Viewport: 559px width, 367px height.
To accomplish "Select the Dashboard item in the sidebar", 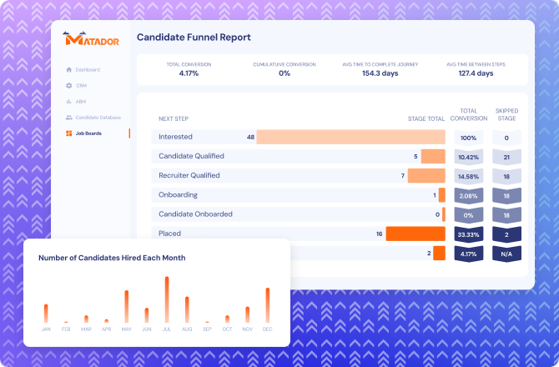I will pyautogui.click(x=87, y=69).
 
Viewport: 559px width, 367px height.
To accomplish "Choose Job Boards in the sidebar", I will pyautogui.click(x=88, y=133).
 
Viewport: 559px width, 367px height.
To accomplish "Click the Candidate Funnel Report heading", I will pyautogui.click(x=193, y=38).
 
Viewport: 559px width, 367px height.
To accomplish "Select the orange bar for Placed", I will pyautogui.click(x=415, y=234).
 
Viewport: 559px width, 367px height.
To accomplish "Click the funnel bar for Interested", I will pyautogui.click(x=350, y=137).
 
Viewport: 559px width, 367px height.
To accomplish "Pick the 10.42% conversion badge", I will pyautogui.click(x=468, y=157).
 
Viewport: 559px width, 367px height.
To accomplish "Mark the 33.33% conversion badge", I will pyautogui.click(x=468, y=234).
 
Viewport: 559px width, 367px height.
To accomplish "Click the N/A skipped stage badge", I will pyautogui.click(x=506, y=254).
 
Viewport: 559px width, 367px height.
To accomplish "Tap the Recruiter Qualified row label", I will pyautogui.click(x=189, y=176).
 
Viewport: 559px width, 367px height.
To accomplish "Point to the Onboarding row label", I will pyautogui.click(x=179, y=195).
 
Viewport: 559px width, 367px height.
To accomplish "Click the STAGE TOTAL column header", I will pyautogui.click(x=426, y=118).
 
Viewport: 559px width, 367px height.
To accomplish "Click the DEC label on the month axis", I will pyautogui.click(x=267, y=329).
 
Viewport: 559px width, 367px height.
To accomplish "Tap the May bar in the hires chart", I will pyautogui.click(x=126, y=307).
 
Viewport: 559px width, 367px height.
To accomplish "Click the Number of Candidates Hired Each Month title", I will pyautogui.click(x=112, y=258).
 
